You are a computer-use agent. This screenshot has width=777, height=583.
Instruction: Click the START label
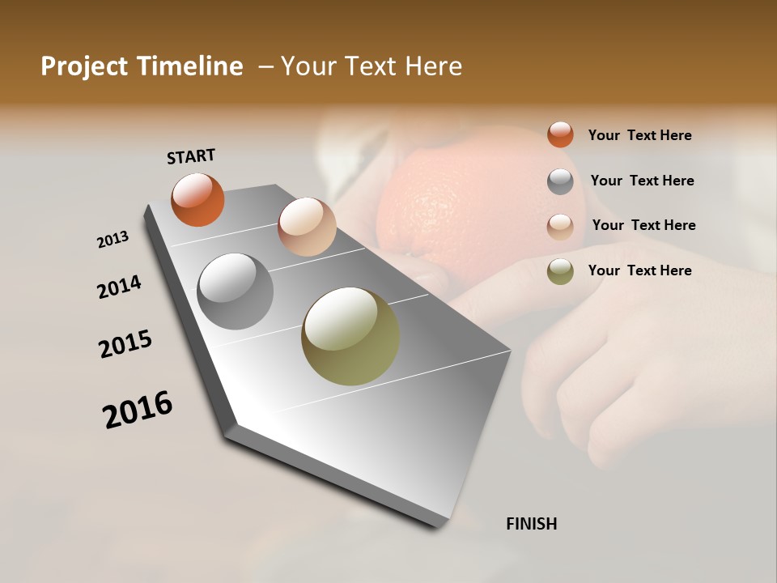click(x=191, y=156)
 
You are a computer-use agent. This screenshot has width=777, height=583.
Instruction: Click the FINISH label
click(x=531, y=524)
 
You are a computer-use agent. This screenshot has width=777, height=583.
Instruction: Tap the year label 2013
click(x=113, y=240)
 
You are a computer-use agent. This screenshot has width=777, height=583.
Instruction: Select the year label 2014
click(x=119, y=287)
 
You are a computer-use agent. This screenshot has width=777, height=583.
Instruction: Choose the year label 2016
click(x=138, y=410)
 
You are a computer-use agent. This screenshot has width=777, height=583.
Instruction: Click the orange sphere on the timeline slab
click(x=197, y=200)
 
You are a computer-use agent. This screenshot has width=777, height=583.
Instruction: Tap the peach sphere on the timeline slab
click(x=307, y=227)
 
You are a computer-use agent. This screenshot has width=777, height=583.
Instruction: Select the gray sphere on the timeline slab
click(x=235, y=291)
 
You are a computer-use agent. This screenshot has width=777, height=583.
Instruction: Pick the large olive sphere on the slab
click(x=350, y=336)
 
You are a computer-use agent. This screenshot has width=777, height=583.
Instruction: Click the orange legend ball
click(x=560, y=135)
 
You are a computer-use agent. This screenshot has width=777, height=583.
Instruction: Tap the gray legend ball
click(x=560, y=181)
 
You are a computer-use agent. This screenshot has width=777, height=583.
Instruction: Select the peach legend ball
click(x=560, y=227)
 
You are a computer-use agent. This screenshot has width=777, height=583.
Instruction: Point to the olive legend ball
click(x=560, y=271)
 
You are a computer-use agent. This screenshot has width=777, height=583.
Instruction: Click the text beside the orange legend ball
click(x=639, y=136)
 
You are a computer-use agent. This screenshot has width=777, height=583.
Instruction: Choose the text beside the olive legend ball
click(x=639, y=270)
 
